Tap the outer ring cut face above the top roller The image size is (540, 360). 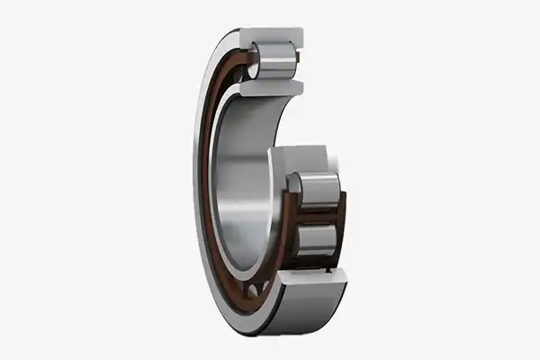279,36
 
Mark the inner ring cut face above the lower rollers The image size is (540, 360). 311,157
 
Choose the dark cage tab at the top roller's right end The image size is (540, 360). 297,60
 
